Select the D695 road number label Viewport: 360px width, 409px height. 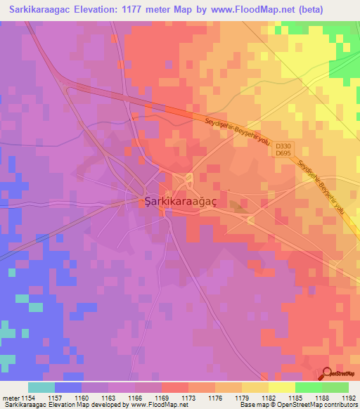[283, 153]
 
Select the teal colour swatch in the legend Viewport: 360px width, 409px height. [41, 387]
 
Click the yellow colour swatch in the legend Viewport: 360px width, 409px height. [281, 387]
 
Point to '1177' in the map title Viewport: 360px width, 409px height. [135, 10]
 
